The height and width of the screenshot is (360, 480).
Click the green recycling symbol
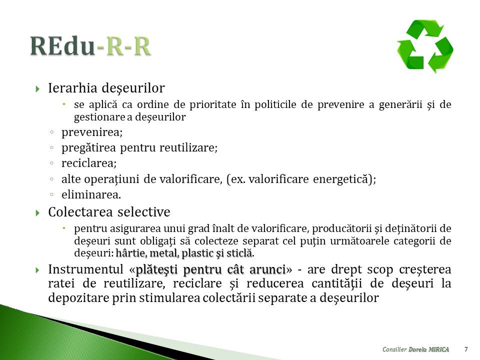425,46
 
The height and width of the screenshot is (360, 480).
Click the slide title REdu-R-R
90,46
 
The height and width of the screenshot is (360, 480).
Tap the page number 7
466,349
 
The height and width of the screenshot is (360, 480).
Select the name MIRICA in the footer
438,349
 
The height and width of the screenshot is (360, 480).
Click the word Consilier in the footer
394,349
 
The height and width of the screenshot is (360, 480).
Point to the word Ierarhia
72,88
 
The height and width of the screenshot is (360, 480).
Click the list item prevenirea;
92,132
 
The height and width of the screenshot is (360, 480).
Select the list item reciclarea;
89,163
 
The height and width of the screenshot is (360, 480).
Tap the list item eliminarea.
91,194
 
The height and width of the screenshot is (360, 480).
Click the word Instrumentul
85,269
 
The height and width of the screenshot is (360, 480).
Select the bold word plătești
156,270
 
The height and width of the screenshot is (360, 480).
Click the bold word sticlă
242,253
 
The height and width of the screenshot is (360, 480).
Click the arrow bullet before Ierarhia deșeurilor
37,89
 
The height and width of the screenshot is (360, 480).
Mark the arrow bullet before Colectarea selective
37,213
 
